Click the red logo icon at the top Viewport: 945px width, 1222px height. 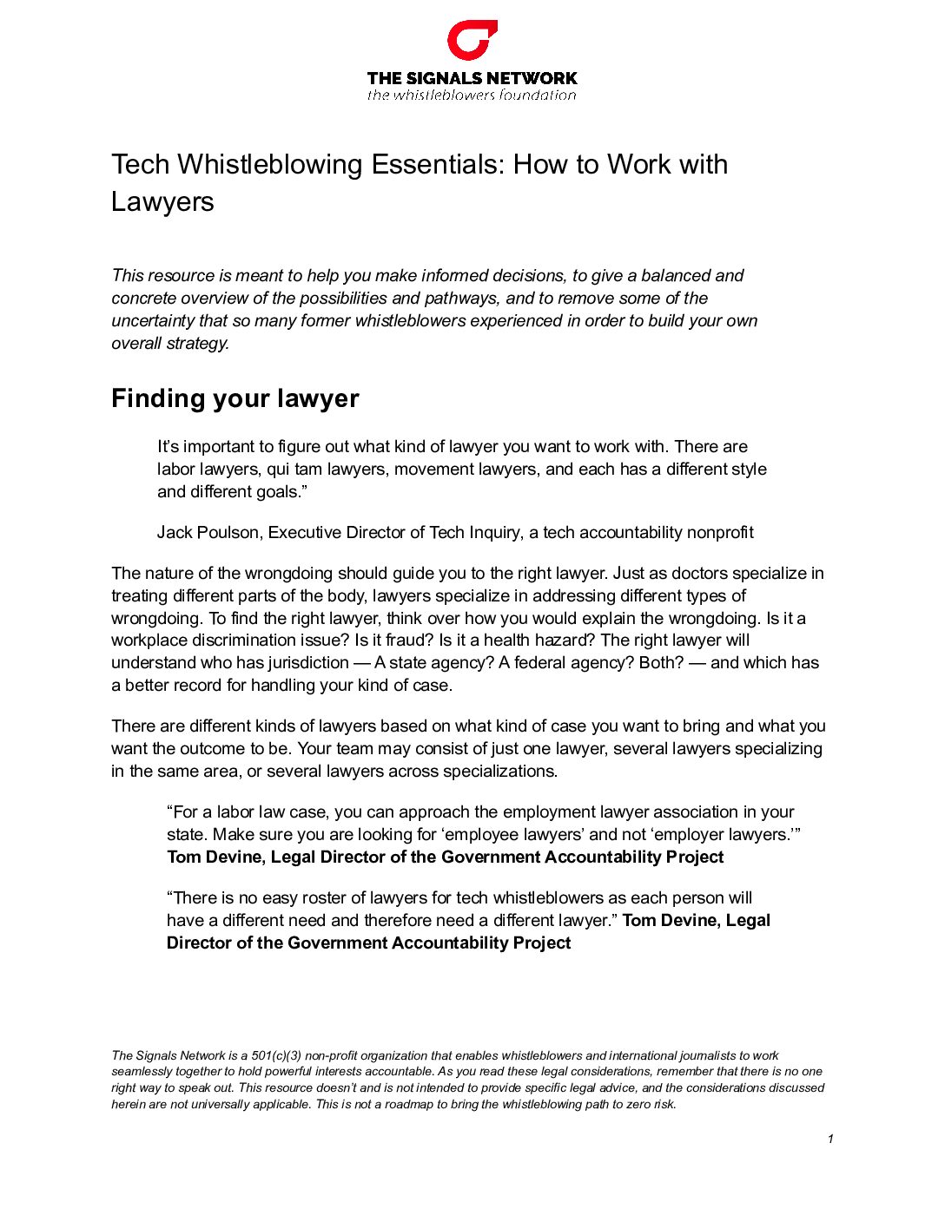click(472, 41)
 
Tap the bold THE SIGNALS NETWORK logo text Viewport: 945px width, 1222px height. click(472, 78)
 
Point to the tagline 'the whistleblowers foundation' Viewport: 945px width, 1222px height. click(472, 95)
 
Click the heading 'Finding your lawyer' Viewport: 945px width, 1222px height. click(235, 398)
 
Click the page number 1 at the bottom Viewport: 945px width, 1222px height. click(830, 1139)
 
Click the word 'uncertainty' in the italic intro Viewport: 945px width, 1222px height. click(153, 320)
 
